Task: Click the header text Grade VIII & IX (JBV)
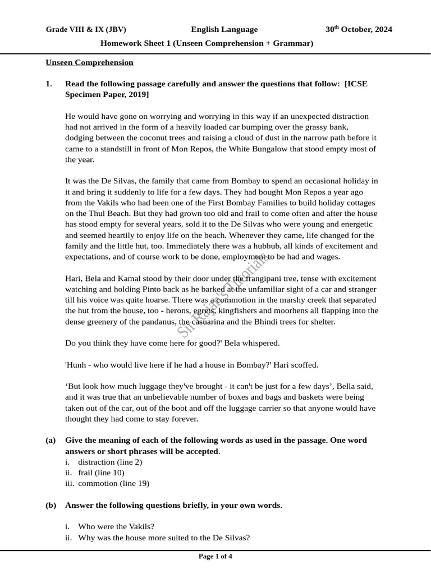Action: point(86,30)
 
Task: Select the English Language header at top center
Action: point(224,30)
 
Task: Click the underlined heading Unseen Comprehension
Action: point(89,62)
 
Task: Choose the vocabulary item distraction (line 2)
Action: point(110,462)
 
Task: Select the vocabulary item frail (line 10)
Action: point(101,473)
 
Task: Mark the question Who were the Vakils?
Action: point(116,526)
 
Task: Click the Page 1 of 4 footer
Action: point(215,557)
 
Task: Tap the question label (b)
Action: point(51,505)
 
